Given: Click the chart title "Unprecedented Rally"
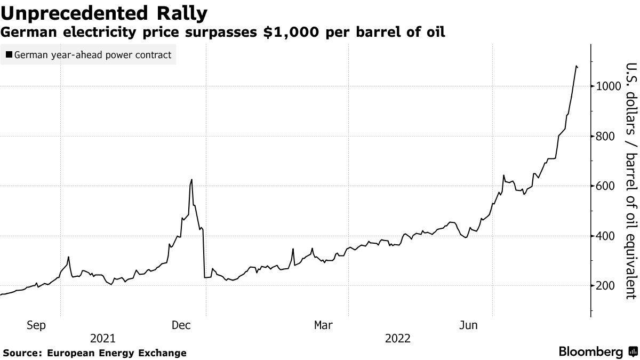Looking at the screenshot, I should tap(104, 13).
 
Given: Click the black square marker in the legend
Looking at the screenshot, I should tap(9, 55).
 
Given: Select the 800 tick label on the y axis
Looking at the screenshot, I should tap(607, 137).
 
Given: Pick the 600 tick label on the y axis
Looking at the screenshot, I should tap(607, 186).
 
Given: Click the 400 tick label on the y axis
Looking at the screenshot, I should tap(607, 236).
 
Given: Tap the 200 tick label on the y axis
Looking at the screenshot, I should tap(607, 286).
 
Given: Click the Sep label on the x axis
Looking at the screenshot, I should tap(36, 325).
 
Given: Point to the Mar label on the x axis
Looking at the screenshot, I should tap(324, 325).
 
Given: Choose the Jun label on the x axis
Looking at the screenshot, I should tap(468, 325).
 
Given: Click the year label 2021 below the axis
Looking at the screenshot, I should tap(102, 339).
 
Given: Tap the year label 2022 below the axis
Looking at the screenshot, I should tap(397, 339).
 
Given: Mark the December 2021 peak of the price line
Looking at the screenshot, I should tap(191, 180).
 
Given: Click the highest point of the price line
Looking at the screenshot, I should tap(577, 66).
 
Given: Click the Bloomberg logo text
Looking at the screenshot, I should tap(591, 352).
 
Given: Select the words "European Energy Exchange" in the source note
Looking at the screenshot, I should tap(117, 353).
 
